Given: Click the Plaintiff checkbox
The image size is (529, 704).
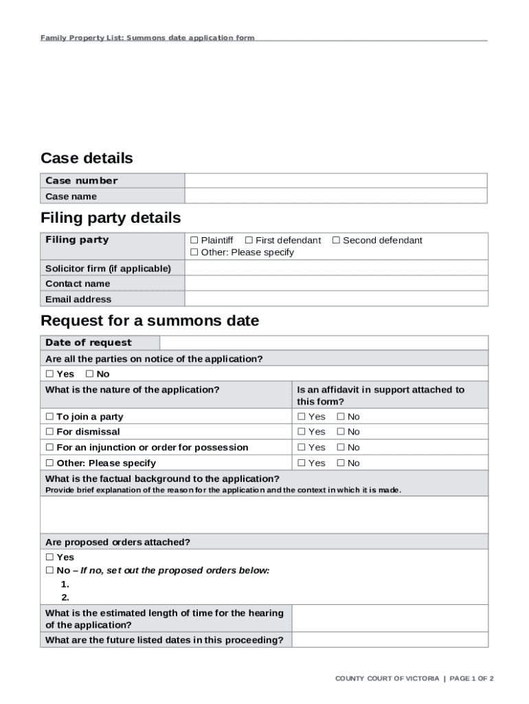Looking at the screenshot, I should [194, 241].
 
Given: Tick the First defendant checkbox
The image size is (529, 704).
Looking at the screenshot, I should [249, 241].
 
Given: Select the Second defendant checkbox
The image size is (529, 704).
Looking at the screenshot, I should [337, 241].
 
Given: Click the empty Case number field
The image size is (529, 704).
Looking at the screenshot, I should [335, 181].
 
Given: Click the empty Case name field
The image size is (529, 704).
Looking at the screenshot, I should [335, 197].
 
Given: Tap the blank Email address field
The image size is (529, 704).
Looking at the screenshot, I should [336, 299].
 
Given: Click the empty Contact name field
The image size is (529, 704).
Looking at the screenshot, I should [336, 283].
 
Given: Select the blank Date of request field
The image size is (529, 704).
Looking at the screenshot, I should [323, 343].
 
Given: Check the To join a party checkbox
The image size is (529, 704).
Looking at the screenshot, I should [49, 417].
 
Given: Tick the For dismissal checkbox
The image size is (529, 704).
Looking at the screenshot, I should [49, 432].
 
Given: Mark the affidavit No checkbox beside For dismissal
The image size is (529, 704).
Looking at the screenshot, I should [341, 432].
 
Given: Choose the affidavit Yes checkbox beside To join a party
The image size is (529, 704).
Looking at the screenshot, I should [302, 417].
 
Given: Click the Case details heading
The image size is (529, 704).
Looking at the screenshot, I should [87, 158].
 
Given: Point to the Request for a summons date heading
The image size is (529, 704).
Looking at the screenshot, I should [150, 320].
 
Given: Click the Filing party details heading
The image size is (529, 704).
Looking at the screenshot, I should [111, 218].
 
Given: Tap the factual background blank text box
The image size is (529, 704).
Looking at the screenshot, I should [264, 515].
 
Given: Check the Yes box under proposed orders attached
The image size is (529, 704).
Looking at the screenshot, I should [49, 558].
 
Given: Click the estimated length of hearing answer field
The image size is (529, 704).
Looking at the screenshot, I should [390, 618].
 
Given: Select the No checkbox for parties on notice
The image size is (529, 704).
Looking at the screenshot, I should [89, 374].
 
